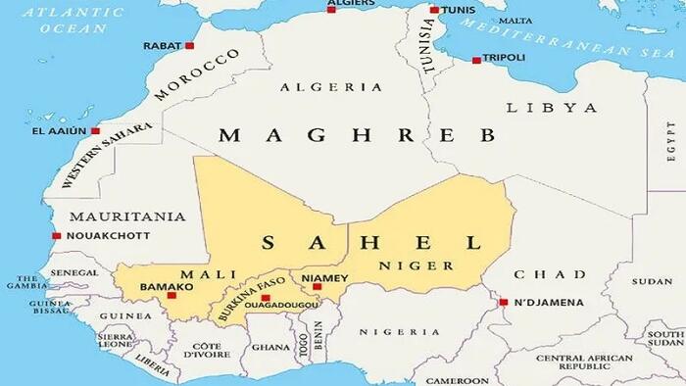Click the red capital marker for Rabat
coord(189,46)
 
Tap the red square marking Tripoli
coord(476,60)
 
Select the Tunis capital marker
coord(434,11)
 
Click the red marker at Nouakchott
coord(57,235)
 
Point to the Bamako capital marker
coord(171,294)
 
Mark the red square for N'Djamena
coord(504,302)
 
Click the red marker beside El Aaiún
coord(95,130)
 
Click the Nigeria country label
coord(399,332)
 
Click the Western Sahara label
coord(107,156)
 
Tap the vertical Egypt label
coord(671,143)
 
